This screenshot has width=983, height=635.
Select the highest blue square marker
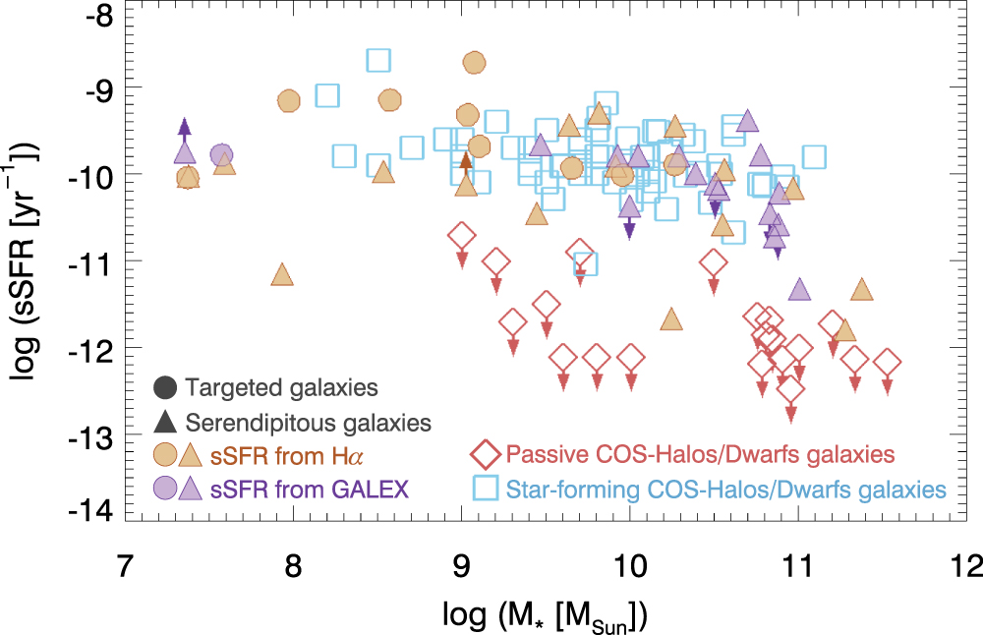(379, 60)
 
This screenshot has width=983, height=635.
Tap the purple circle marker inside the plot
(220, 154)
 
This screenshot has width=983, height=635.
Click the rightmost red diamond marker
(888, 363)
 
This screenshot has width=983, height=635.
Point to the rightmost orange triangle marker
(862, 289)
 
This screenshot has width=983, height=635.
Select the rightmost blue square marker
(813, 156)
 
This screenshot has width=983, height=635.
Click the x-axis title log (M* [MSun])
(547, 617)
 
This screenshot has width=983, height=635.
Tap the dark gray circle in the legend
(165, 387)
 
